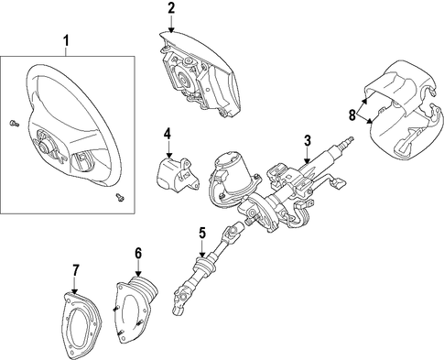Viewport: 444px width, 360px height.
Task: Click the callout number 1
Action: (66, 41)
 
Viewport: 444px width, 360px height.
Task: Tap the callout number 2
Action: (171, 8)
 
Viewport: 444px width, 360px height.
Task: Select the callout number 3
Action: (308, 141)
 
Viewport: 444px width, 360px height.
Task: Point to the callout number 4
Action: (168, 134)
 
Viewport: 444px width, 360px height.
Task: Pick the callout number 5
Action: (202, 233)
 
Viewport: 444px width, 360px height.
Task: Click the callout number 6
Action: (138, 253)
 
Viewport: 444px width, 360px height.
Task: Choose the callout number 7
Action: (75, 270)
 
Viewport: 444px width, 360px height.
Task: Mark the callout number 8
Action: (352, 115)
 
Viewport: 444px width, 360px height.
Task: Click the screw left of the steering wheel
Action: (14, 124)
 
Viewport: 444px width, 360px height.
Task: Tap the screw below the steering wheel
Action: (120, 197)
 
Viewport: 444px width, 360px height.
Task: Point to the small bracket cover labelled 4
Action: (178, 173)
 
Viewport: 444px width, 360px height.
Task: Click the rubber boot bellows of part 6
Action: (144, 289)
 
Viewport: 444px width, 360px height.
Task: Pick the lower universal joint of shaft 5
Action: (181, 299)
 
